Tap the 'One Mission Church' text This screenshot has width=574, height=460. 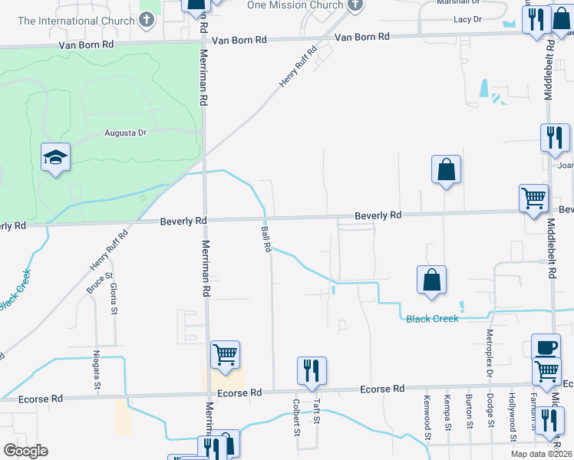click(295, 5)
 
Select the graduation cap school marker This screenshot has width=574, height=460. click(55, 158)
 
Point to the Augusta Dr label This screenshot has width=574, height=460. click(125, 133)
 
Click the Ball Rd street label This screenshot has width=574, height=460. click(266, 239)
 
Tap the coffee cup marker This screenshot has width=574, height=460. click(546, 347)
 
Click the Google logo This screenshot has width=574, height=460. click(25, 451)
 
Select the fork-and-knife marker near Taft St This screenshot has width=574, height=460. click(312, 371)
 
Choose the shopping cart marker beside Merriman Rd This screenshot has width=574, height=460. click(225, 355)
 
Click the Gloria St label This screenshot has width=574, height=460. click(114, 299)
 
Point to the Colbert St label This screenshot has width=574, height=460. click(296, 417)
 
